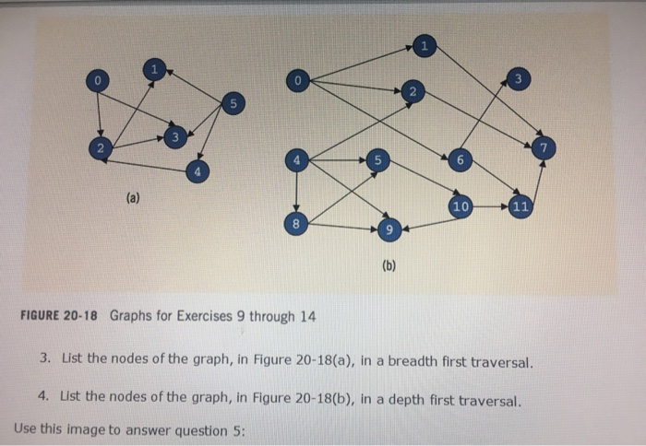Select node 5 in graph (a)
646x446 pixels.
click(233, 103)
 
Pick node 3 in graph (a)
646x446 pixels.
click(173, 137)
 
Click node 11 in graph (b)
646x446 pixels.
click(519, 205)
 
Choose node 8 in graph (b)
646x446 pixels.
click(295, 224)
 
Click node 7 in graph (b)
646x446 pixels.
click(544, 147)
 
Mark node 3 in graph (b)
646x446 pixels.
click(518, 80)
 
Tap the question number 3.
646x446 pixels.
click(44, 362)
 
